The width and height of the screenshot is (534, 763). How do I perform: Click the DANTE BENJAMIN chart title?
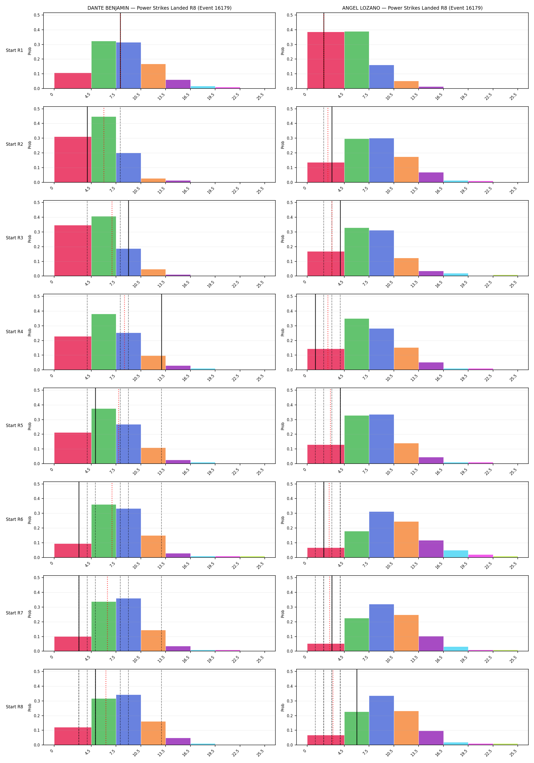159,8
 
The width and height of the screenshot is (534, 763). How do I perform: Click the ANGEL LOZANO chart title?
412,8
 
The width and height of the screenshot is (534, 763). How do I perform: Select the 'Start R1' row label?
14,51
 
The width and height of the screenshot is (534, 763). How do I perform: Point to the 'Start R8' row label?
14,707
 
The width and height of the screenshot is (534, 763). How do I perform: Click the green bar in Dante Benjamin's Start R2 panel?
104,150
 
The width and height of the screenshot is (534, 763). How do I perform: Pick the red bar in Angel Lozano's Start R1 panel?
326,60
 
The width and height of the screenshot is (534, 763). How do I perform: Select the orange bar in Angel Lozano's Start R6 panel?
406,539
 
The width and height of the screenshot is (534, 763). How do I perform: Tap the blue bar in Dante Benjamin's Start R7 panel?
129,625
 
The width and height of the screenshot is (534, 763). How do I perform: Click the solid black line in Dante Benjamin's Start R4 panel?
161,332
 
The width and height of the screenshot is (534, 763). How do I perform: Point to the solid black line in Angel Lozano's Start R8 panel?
357,707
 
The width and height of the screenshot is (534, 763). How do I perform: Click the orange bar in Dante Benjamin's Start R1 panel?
153,76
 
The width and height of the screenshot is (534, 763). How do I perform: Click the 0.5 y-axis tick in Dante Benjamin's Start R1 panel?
37,15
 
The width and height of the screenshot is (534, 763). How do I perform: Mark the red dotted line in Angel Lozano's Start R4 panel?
328,332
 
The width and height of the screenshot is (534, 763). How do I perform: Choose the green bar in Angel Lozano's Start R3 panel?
357,252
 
